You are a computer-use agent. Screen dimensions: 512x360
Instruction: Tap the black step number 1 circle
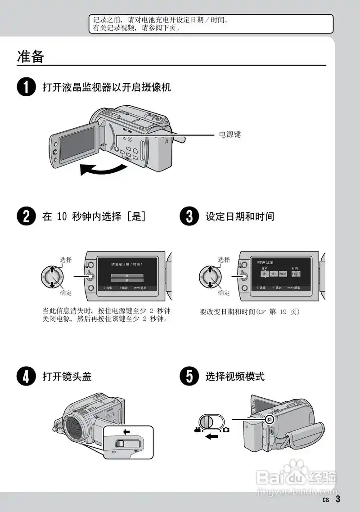click(26, 87)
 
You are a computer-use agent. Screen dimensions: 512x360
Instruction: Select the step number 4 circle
click(26, 376)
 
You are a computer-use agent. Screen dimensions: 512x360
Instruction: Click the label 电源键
click(230, 135)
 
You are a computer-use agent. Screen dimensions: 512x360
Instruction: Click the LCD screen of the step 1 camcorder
click(77, 144)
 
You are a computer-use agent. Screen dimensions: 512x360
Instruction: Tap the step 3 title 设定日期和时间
click(239, 216)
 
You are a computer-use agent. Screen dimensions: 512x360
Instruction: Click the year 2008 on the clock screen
click(283, 274)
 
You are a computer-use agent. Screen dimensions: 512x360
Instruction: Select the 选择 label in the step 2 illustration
click(66, 260)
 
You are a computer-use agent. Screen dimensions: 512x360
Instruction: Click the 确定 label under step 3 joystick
click(224, 293)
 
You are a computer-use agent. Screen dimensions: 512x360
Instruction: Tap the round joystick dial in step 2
click(52, 276)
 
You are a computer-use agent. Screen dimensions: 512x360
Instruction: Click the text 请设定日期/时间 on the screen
click(127, 265)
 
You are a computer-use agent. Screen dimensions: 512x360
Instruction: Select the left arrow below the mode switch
click(211, 436)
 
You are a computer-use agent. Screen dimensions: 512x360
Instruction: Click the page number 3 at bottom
click(337, 499)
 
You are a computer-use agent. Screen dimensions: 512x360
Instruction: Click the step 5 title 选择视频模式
click(235, 377)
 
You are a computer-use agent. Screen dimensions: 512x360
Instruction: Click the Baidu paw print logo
click(296, 468)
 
